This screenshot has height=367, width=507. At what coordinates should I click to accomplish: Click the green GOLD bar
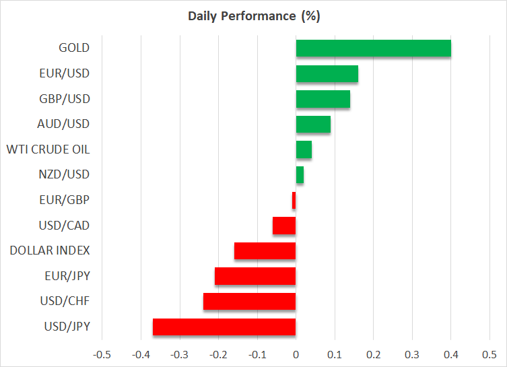(373, 48)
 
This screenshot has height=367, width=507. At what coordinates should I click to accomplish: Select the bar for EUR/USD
(327, 73)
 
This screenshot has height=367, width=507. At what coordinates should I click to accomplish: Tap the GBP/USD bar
(323, 99)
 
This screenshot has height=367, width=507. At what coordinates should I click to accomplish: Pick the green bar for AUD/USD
(313, 125)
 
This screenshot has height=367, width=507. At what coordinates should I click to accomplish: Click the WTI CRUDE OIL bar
(304, 149)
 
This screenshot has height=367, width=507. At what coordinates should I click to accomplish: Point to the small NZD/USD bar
(300, 175)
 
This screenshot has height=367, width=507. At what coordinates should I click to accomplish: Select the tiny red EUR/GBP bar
(294, 201)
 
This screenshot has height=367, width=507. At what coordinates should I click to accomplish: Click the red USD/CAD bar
(284, 226)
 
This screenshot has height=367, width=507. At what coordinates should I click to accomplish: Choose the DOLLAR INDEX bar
(265, 251)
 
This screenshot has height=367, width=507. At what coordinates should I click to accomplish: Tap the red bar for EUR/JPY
(255, 276)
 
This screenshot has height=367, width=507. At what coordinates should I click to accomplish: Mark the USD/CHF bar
(249, 302)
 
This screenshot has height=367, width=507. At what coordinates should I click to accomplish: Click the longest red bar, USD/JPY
(224, 327)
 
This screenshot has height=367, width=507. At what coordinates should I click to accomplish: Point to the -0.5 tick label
(101, 354)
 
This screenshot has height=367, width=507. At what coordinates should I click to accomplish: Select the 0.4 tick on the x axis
(451, 354)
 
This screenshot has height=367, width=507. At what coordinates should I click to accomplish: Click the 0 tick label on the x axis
(296, 354)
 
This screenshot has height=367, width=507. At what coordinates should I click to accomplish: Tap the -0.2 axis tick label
(217, 354)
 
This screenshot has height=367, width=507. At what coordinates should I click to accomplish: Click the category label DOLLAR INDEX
(50, 251)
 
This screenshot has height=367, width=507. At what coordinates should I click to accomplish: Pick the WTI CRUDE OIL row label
(47, 149)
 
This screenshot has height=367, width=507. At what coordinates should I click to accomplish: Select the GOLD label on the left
(74, 48)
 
